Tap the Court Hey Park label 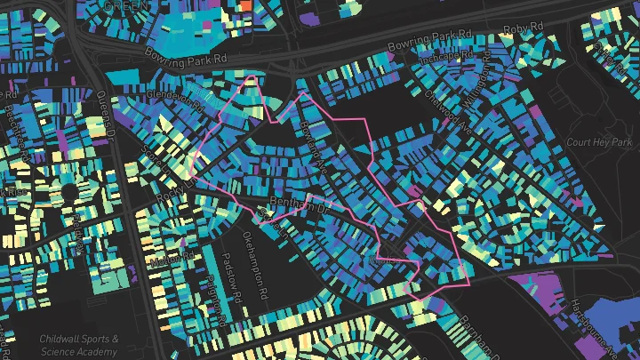[598, 142]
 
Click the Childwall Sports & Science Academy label [78, 346]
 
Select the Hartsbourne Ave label [579, 317]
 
